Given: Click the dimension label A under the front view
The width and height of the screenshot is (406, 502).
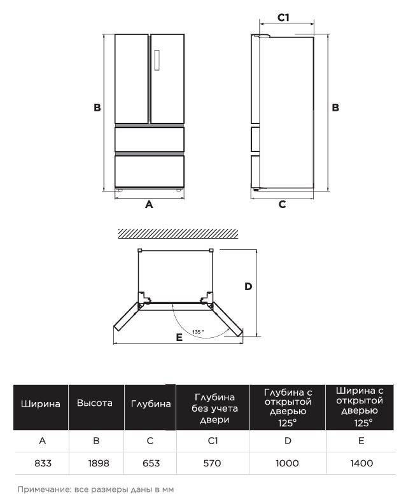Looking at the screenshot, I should [x=150, y=205].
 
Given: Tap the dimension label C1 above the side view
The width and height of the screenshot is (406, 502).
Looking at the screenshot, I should [x=283, y=18].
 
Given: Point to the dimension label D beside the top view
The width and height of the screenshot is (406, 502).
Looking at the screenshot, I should [x=248, y=286].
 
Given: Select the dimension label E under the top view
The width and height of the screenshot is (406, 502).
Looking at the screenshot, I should [x=179, y=337].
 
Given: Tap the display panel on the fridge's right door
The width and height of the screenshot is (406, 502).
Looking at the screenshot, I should [x=157, y=60].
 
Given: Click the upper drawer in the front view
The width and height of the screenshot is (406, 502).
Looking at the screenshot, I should [x=150, y=139].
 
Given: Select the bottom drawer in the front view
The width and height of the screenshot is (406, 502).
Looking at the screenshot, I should [x=150, y=171].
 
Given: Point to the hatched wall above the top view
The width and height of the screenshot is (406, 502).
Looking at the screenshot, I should [x=178, y=234].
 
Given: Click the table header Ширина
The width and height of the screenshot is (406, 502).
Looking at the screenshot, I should [x=41, y=403].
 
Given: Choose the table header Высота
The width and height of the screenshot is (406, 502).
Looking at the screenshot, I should [x=95, y=403].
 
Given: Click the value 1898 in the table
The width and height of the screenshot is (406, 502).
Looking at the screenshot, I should [x=98, y=464].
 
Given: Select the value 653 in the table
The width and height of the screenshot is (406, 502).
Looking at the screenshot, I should [x=150, y=464].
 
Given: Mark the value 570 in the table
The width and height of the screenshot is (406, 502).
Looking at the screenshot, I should [x=212, y=464].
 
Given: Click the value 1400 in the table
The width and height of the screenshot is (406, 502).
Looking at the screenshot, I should [x=361, y=464].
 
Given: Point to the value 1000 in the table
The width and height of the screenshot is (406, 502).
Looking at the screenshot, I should [x=287, y=464].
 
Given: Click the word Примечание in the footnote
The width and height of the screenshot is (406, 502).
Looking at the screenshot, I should [x=41, y=489].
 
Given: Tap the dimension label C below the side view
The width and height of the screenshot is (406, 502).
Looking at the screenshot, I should [x=282, y=205].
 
